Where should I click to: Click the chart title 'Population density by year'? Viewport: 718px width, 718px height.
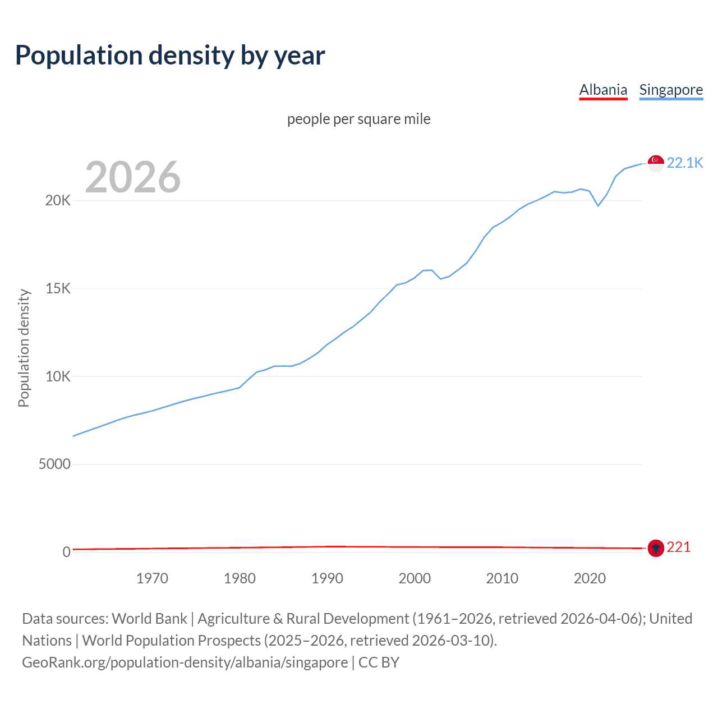pos(170,56)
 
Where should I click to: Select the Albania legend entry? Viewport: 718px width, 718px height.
pos(603,90)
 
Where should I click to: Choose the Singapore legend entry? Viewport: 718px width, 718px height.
pos(671,90)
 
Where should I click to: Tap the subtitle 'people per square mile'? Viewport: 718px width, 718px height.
pos(358,119)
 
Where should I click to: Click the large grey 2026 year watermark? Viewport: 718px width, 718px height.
pos(133,177)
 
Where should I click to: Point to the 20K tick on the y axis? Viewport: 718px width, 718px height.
pos(58,201)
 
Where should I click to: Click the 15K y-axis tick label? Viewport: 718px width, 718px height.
pos(58,289)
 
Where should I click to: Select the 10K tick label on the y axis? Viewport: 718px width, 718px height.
pos(58,376)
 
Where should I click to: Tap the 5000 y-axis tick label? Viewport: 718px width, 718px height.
pos(54,464)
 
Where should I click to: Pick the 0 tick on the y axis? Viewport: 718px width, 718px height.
pos(66,552)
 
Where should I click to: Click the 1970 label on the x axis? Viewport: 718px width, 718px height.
pos(152,578)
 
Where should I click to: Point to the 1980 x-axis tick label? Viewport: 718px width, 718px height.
pos(240,578)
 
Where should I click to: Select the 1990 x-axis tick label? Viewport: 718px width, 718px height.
pos(327,578)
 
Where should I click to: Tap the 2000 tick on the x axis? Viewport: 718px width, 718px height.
pos(415,578)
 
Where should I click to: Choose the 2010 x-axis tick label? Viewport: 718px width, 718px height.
pos(502,578)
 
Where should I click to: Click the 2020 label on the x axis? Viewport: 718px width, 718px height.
pos(590,578)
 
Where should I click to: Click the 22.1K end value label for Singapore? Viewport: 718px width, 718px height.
pos(684,163)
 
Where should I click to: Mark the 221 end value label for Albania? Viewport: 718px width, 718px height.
pos(678,547)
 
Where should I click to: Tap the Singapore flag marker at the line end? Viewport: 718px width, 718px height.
pos(656,163)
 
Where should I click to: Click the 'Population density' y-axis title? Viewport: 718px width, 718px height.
pos(24,348)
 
